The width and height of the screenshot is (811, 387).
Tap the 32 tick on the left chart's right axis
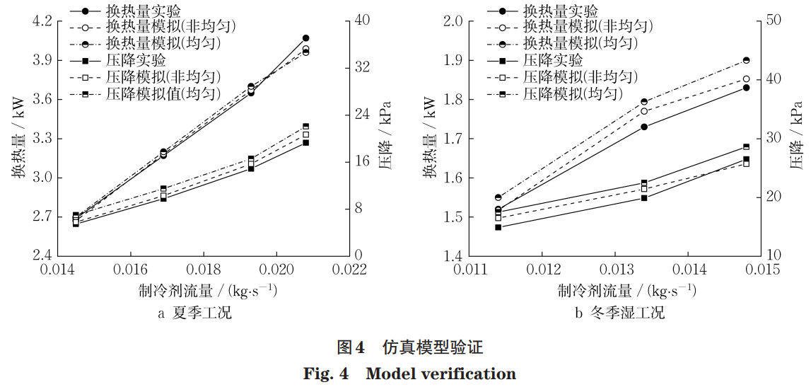[x=363, y=67]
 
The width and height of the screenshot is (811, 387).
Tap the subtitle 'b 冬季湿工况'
[x=617, y=313]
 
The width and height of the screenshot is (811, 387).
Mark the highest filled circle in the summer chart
[x=305, y=38]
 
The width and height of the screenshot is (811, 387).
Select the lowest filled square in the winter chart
[x=498, y=227]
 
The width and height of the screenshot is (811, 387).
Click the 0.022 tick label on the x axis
[x=351, y=270]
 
